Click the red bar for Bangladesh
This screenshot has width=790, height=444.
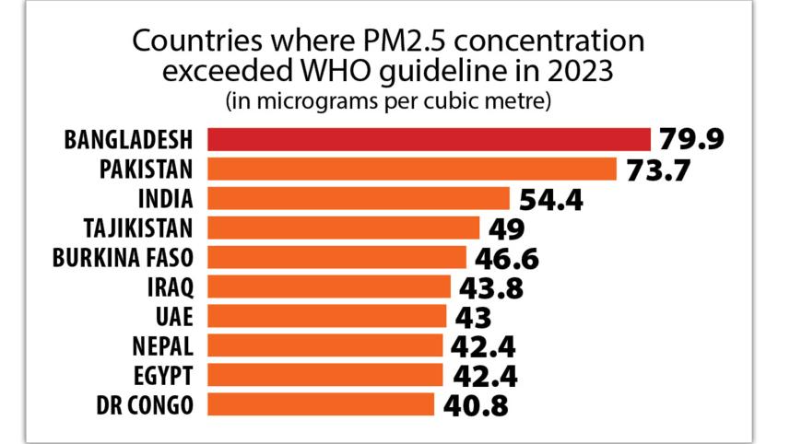pos(429,139)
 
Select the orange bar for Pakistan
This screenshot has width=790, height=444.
pos(411,169)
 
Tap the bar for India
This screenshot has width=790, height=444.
pos(358,198)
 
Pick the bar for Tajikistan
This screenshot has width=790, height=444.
pos(343,228)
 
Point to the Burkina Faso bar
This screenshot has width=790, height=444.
pos(336,257)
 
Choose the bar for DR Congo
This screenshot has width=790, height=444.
pos(320,404)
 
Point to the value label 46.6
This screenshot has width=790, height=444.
pos(506,257)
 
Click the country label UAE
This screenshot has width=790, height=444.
pos(176,316)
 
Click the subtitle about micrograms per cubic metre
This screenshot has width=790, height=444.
pos(388,100)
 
